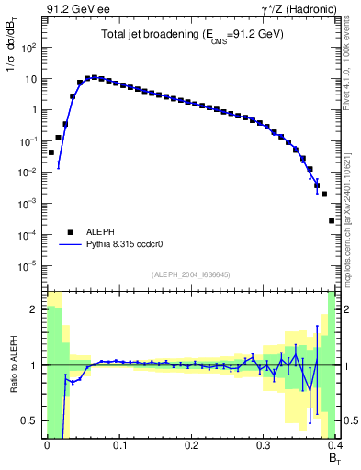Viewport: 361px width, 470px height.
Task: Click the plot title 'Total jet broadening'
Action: (x=191, y=34)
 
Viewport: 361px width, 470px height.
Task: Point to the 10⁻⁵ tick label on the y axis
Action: (x=29, y=266)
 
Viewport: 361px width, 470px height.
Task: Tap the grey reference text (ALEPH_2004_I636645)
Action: (x=191, y=274)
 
